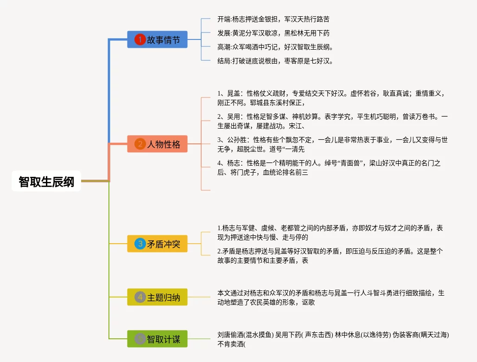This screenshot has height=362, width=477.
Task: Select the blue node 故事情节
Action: coord(158,40)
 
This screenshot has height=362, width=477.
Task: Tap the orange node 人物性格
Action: coord(158,144)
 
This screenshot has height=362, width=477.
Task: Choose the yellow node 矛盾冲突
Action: coord(158,244)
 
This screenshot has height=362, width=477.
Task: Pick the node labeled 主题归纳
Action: coord(158,297)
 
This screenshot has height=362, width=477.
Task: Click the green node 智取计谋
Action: coord(158,339)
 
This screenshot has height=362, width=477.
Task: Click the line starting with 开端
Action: coord(273,19)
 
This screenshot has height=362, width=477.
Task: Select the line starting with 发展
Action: coord(273,33)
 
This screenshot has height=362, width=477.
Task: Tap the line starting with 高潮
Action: coord(275,47)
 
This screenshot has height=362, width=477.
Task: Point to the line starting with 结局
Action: coord(275,61)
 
